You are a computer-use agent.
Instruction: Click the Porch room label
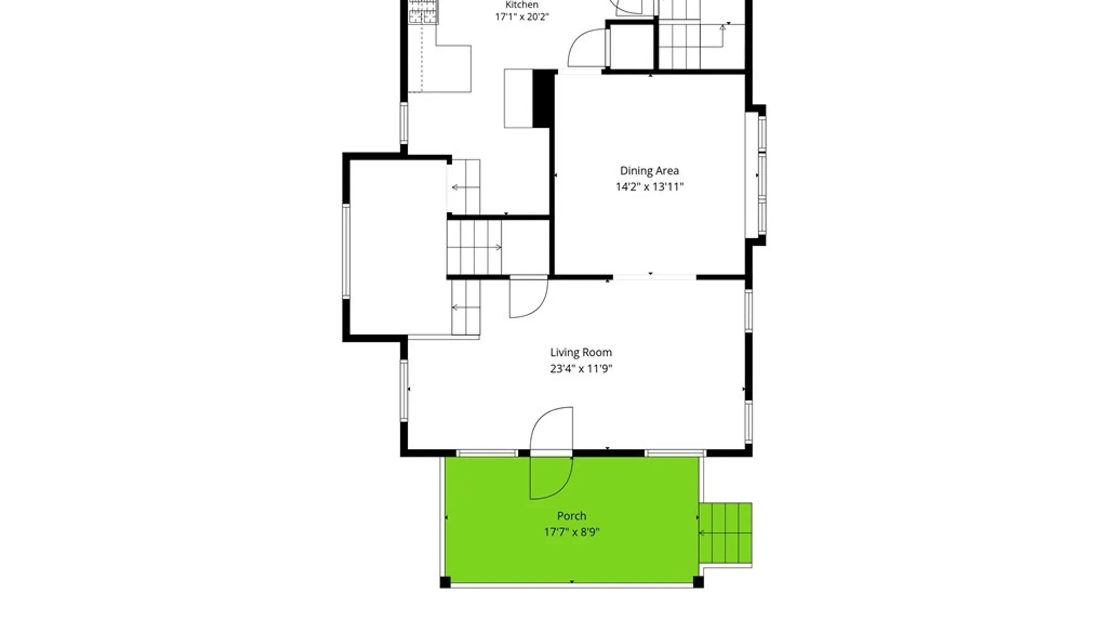click(571, 516)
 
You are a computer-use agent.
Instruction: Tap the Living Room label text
click(581, 352)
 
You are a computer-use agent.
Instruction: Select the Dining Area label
click(649, 171)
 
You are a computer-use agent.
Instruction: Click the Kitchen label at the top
click(522, 5)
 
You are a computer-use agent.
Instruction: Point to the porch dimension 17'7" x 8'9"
click(571, 532)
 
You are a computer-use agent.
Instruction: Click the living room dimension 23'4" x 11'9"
click(581, 369)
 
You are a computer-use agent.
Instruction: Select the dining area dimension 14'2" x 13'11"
click(649, 187)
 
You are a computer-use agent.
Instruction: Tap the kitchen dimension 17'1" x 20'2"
click(522, 17)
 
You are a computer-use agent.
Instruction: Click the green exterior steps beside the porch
click(725, 533)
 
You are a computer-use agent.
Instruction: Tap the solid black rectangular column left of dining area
click(543, 99)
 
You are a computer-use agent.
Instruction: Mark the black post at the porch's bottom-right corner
click(698, 582)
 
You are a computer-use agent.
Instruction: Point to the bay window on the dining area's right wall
click(756, 175)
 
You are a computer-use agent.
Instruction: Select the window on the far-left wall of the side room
click(346, 251)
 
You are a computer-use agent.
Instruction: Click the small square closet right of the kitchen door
click(631, 47)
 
